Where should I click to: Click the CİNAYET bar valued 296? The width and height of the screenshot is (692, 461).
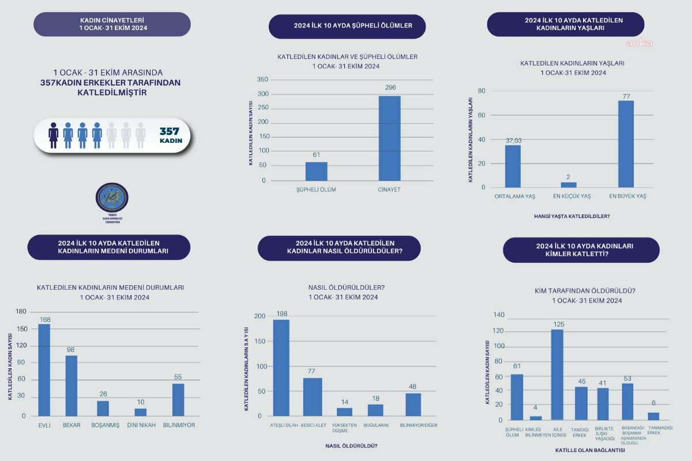pos(389,138)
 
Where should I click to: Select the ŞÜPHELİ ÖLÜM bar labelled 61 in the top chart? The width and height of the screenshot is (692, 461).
pos(316,171)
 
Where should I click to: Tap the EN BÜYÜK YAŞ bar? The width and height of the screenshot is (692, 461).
pos(626,144)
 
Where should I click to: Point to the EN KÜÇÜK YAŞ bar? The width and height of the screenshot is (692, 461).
pos(569,185)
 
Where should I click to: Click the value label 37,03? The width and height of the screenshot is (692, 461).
pos(513,141)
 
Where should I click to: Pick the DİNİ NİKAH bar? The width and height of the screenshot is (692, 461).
pos(141,412)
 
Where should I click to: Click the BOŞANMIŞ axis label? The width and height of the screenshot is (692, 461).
pos(106,425)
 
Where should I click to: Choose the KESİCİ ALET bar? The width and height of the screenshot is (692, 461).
pos(313,397)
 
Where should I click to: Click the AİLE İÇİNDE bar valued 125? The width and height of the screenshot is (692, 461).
pos(557,375)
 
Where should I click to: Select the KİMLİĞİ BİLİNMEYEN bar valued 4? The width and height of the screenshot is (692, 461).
pos(536,418)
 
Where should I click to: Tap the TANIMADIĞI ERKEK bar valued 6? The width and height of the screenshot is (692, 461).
pos(653,416)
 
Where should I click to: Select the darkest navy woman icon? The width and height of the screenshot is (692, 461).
pos(54,135)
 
